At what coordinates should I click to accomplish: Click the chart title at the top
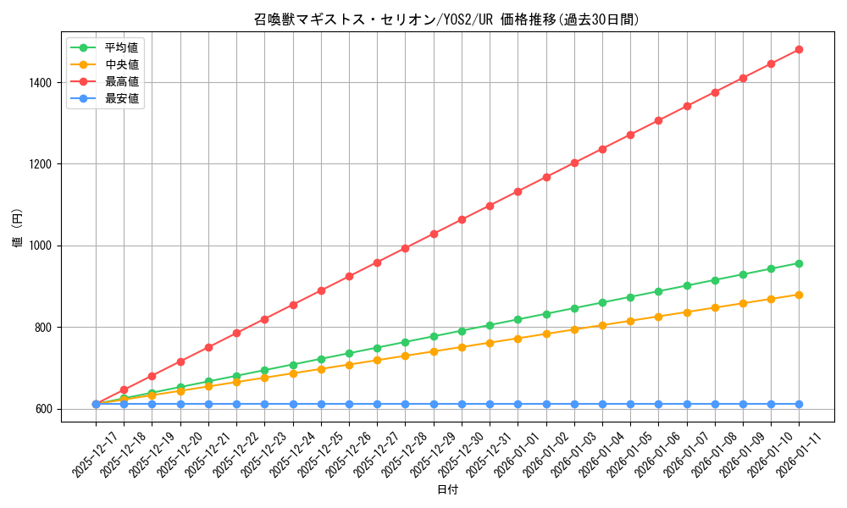(x=446, y=19)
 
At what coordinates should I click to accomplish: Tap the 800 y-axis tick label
(x=43, y=328)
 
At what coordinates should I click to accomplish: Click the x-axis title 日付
(x=447, y=490)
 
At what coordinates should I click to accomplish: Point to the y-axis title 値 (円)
(x=18, y=229)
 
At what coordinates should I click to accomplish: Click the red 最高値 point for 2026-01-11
(x=799, y=50)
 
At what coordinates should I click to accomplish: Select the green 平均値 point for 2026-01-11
(x=799, y=263)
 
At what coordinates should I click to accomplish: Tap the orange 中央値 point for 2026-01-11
(x=799, y=295)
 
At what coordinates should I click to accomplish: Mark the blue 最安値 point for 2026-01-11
(x=799, y=404)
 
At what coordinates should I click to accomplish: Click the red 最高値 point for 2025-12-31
(x=490, y=206)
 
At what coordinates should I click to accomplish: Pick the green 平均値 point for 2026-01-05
(x=630, y=297)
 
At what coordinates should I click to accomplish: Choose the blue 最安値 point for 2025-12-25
(x=321, y=404)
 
